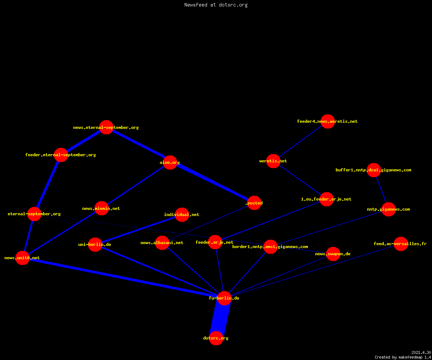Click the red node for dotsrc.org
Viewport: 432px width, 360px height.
pyautogui.click(x=216, y=338)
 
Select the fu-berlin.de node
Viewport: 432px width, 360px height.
pyautogui.click(x=224, y=298)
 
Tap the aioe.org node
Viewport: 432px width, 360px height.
pyautogui.click(x=170, y=162)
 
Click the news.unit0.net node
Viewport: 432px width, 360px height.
pyautogui.click(x=22, y=258)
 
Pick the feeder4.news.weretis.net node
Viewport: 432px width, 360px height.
pyautogui.click(x=328, y=121)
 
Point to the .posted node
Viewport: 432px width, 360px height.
pyautogui.click(x=254, y=203)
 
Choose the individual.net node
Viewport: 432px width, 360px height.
pyautogui.click(x=182, y=215)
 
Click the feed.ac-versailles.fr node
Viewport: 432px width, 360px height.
pyautogui.click(x=401, y=244)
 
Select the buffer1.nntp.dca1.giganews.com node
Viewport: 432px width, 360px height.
pyautogui.click(x=374, y=170)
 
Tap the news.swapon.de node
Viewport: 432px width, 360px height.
pyautogui.click(x=333, y=254)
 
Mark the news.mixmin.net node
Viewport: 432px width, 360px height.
pyautogui.click(x=102, y=208)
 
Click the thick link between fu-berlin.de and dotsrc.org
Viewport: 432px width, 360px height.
pyautogui.click(x=220, y=318)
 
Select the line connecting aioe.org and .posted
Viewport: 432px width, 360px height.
pyautogui.click(x=212, y=183)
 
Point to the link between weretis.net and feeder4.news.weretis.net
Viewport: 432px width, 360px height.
pyautogui.click(x=300, y=141)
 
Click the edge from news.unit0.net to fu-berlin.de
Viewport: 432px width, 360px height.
pyautogui.click(x=123, y=278)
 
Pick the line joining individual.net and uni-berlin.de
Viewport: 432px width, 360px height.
pyautogui.click(x=139, y=229)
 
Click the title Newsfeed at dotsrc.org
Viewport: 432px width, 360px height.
pyautogui.click(x=216, y=5)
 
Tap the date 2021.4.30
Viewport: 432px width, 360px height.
pyautogui.click(x=421, y=352)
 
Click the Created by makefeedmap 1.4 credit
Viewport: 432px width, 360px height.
pyautogui.click(x=403, y=357)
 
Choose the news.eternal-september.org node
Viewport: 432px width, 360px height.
pyautogui.click(x=106, y=127)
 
